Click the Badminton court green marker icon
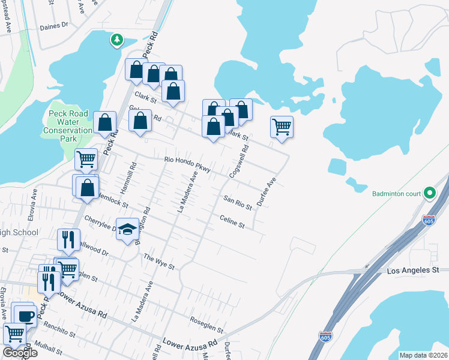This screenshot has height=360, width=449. [x=429, y=193]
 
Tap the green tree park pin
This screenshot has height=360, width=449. [x=116, y=40]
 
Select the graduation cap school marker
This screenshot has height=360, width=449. [x=127, y=229]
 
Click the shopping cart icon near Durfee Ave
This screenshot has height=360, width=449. [x=282, y=127]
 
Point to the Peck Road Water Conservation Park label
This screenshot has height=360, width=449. [x=68, y=126]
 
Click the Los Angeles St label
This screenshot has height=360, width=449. [x=413, y=271]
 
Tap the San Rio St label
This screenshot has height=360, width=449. [x=237, y=202]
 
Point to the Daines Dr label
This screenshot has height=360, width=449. [x=55, y=27]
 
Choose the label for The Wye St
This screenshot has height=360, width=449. [x=158, y=262]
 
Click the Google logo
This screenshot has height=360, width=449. [x=20, y=353]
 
